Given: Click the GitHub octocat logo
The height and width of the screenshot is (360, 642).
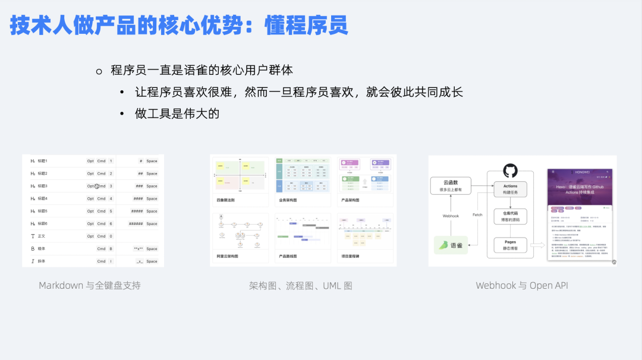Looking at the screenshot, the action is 510,171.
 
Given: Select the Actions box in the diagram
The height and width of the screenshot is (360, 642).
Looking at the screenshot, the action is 510,189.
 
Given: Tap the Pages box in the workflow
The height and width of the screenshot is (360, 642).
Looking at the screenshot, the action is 510,245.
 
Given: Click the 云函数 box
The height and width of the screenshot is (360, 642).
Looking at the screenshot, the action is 451,186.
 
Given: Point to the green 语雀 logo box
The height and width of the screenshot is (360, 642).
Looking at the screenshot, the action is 451,245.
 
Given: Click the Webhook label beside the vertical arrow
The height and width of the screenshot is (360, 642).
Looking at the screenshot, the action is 451,216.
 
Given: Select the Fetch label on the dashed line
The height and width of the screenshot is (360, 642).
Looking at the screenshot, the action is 477,214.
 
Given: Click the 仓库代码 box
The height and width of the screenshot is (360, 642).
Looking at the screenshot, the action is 510,217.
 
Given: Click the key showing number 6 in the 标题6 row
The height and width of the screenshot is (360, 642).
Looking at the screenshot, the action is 111,224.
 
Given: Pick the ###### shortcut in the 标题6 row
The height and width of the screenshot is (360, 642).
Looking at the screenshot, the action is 135,224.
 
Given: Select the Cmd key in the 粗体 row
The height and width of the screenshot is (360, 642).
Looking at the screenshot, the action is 101,249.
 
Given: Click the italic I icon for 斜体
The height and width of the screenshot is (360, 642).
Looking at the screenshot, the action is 33,261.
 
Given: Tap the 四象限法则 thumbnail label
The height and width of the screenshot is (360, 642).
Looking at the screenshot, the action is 227,201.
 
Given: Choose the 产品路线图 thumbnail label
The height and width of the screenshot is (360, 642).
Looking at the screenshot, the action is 288,256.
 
